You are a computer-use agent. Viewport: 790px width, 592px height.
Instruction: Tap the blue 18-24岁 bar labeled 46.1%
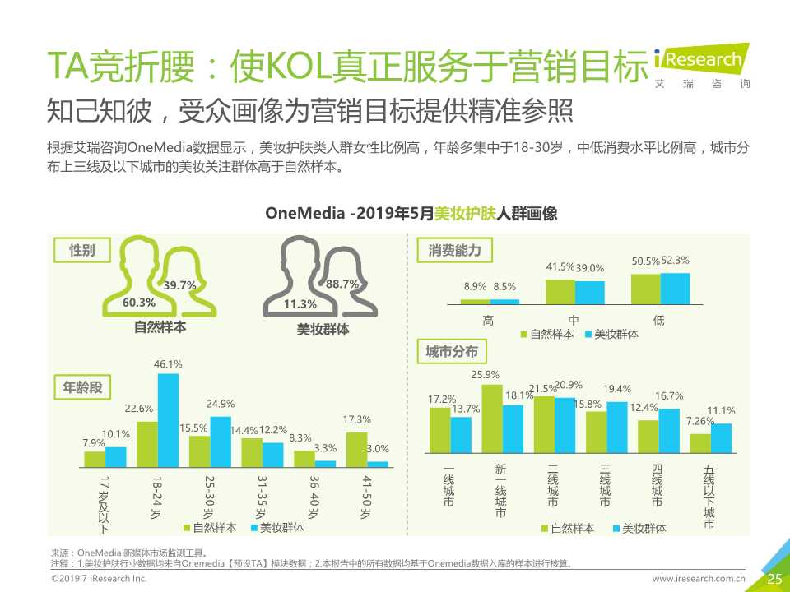coord(168,420)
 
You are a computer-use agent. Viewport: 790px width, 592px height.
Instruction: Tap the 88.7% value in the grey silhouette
coord(342,284)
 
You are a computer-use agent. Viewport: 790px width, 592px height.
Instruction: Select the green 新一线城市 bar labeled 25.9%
coord(491,419)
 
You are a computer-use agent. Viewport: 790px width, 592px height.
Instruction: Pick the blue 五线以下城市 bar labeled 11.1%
coord(721,438)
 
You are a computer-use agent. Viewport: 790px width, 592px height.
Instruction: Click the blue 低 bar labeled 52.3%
coord(674,288)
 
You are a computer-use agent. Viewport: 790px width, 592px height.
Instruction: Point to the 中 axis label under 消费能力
coord(574,321)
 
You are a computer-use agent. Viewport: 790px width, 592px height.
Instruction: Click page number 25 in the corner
coord(774,579)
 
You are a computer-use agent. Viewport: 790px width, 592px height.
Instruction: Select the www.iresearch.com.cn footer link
coord(699,580)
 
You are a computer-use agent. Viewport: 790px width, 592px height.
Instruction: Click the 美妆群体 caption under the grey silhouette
coord(323,329)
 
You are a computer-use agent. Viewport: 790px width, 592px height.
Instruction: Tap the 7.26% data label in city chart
coord(700,421)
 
